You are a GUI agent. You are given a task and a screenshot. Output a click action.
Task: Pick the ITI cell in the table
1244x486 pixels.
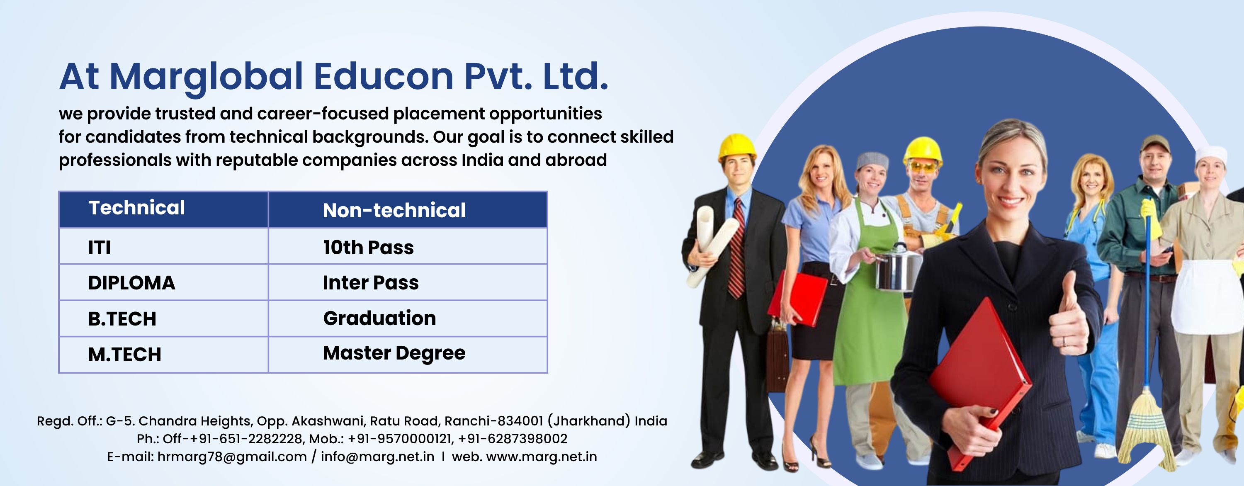[x=164, y=246]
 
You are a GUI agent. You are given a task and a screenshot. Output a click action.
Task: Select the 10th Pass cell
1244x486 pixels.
[x=408, y=246]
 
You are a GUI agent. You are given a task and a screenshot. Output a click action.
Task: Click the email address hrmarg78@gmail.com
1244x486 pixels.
[x=232, y=457]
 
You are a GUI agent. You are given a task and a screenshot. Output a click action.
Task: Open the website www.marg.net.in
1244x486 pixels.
[x=542, y=457]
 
